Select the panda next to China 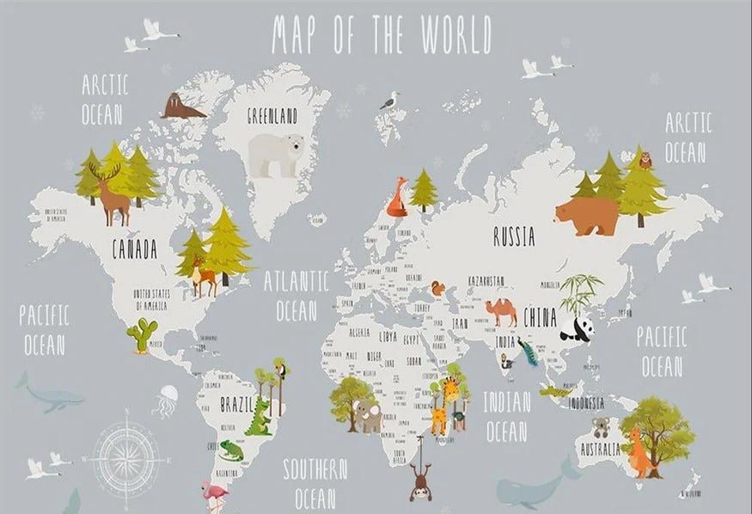(573, 328)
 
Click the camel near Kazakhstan (500, 311)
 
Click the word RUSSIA (514, 236)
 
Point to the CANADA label (135, 250)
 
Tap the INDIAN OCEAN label (506, 416)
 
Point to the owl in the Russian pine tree (645, 159)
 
